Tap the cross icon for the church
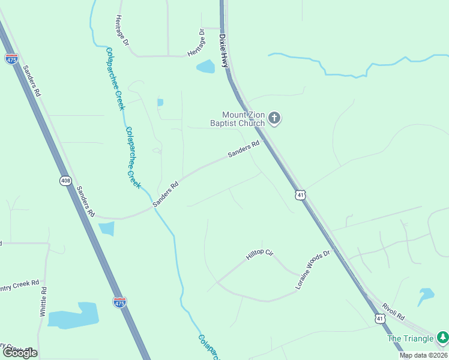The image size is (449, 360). [x=274, y=118]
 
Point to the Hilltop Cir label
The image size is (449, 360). [x=259, y=255]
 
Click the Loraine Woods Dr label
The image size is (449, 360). [x=313, y=270]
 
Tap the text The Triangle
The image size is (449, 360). [x=411, y=338]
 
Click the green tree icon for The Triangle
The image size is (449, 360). [x=442, y=338]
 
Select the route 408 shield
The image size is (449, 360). [x=65, y=180]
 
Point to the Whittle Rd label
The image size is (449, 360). [x=43, y=302]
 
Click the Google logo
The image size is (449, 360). [x=20, y=352]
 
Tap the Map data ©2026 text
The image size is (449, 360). [x=422, y=355]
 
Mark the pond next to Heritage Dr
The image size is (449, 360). [x=206, y=66]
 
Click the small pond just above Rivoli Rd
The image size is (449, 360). [x=426, y=295]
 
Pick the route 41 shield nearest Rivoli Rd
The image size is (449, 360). [x=380, y=318]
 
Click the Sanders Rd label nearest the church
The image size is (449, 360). [x=244, y=149]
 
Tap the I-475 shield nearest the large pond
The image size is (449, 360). [x=119, y=303]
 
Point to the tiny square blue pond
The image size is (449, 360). [x=160, y=103]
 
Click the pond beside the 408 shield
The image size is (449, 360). [x=106, y=229]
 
